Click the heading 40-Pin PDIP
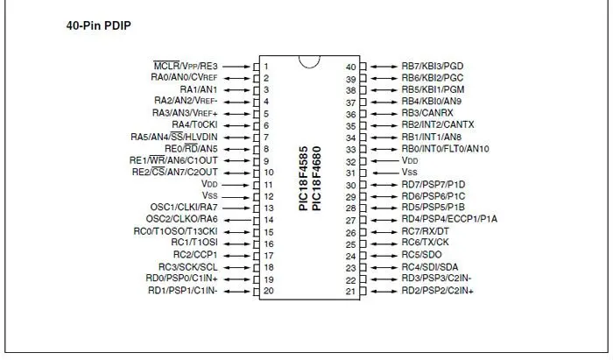coord(98,25)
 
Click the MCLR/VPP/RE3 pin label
coord(186,66)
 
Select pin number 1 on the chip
coord(266,67)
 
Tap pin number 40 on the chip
coord(351,67)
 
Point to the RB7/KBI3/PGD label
coord(433,66)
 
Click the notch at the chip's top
coord(310,62)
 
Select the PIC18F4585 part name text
coord(304,178)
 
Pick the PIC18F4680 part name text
coord(317,178)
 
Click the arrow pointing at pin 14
coord(237,221)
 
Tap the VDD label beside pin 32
coord(410,160)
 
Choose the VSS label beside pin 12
coord(209,195)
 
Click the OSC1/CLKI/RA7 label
coord(184,208)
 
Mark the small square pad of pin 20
coord(257,292)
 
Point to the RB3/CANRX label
coord(427,113)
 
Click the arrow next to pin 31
coord(385,173)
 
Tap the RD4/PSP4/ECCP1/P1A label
coord(449,219)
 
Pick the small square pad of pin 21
coord(363,291)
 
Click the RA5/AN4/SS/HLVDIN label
coord(174,137)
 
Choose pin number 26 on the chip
coord(351,233)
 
